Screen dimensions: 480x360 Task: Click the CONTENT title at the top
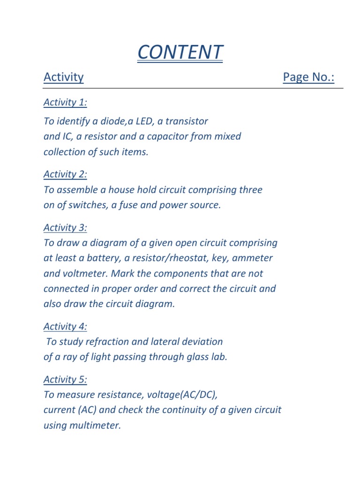point(180,52)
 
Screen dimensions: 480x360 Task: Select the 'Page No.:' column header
point(308,77)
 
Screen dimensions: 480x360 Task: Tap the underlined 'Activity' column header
point(64,77)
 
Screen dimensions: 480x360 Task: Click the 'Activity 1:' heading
point(65,102)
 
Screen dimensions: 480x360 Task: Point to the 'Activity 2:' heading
point(65,174)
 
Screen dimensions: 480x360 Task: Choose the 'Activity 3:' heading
point(65,228)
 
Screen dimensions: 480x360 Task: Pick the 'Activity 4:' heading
point(65,326)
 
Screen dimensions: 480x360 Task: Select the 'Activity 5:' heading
point(65,380)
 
